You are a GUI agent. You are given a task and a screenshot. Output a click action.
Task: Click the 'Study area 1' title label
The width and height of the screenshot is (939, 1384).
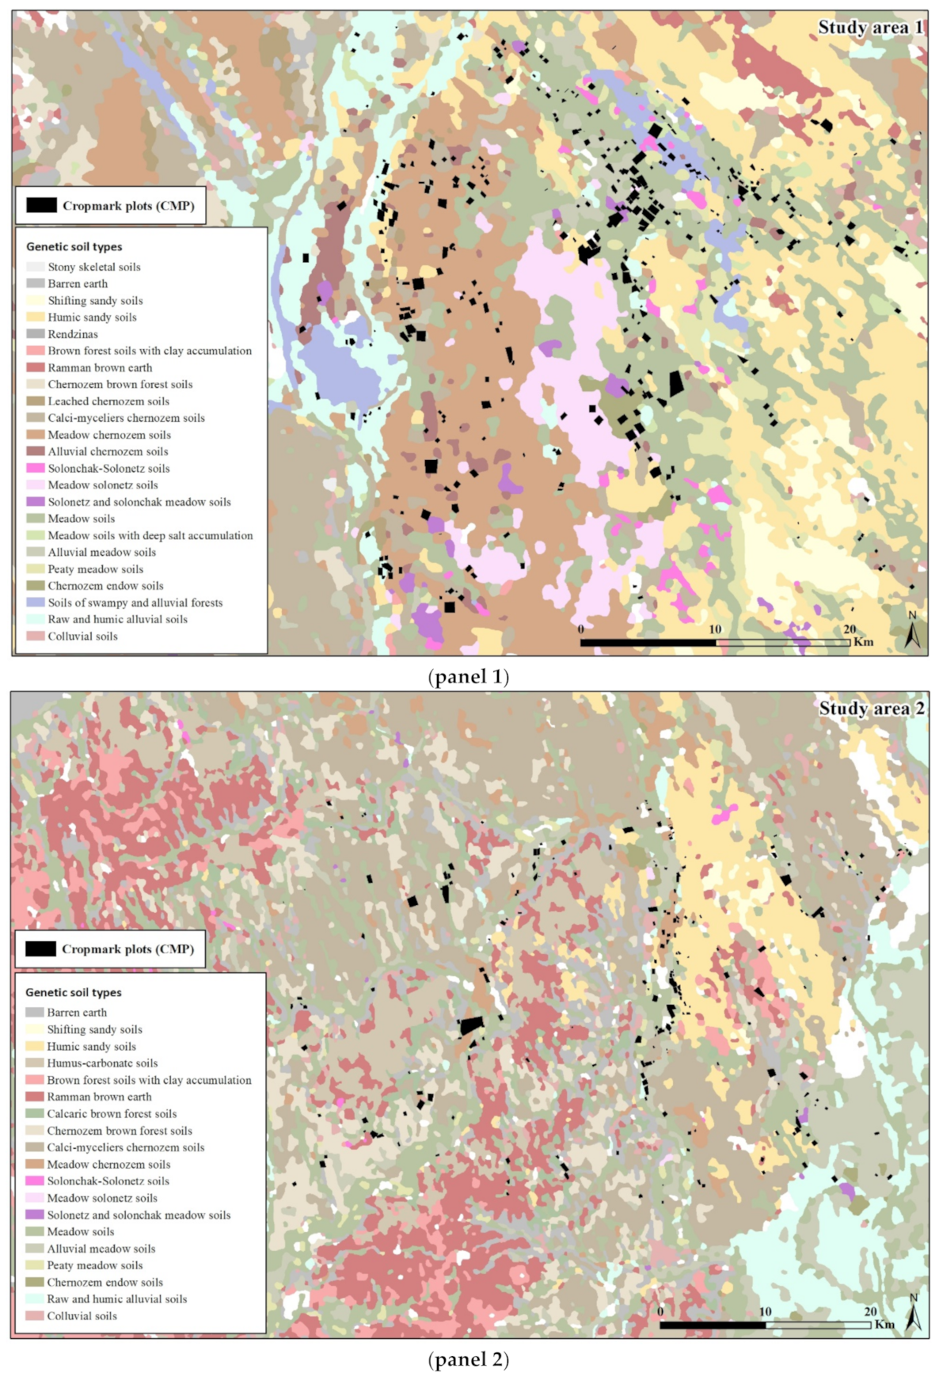(x=869, y=28)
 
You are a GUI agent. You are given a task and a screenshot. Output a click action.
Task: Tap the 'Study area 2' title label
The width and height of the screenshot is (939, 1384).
(x=870, y=709)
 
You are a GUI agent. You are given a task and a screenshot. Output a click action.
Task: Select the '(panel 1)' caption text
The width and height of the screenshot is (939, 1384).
(x=468, y=677)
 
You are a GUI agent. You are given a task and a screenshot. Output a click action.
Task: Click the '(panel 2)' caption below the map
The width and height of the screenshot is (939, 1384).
(x=468, y=1359)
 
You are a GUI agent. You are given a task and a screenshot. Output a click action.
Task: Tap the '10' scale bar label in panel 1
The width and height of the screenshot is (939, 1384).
(x=715, y=629)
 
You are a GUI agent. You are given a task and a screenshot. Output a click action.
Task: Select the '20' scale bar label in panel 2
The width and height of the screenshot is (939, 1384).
(x=870, y=1311)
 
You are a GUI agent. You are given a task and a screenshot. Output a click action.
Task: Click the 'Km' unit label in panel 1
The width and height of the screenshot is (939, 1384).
(x=863, y=642)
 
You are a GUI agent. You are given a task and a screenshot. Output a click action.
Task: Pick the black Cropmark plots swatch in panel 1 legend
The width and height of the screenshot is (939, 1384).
(x=41, y=206)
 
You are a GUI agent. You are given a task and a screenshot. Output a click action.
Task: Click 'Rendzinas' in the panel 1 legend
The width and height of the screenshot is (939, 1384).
(x=73, y=334)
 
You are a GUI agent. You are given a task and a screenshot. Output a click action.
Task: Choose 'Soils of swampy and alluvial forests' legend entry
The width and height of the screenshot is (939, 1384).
(x=135, y=603)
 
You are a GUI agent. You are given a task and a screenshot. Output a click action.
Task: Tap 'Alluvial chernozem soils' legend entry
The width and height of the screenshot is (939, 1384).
(x=108, y=451)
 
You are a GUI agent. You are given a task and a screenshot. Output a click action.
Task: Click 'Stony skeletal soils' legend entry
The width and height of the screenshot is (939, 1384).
(x=93, y=267)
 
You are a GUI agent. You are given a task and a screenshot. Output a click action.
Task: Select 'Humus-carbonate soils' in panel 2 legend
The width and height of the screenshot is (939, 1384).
(x=102, y=1063)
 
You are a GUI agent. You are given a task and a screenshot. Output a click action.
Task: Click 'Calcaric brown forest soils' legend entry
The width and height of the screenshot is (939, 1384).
(x=112, y=1113)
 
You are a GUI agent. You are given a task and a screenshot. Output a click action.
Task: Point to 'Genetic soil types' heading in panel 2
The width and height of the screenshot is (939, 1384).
(x=73, y=992)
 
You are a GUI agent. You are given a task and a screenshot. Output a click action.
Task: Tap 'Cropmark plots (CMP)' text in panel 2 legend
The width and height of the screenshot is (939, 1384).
(x=127, y=949)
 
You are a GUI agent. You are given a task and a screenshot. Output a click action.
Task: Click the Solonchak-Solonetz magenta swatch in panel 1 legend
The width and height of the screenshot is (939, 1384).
(x=36, y=469)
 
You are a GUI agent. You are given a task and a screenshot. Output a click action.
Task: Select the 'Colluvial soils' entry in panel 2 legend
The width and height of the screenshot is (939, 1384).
(x=82, y=1316)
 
